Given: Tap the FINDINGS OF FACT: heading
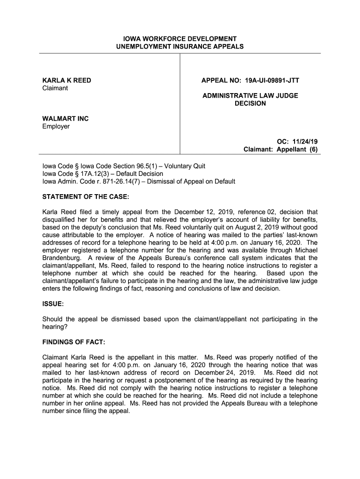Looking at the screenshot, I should click(74, 342).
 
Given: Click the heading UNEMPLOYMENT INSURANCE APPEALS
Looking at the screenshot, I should click(180, 47).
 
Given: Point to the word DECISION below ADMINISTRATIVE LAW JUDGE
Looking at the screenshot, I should click(250, 103).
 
